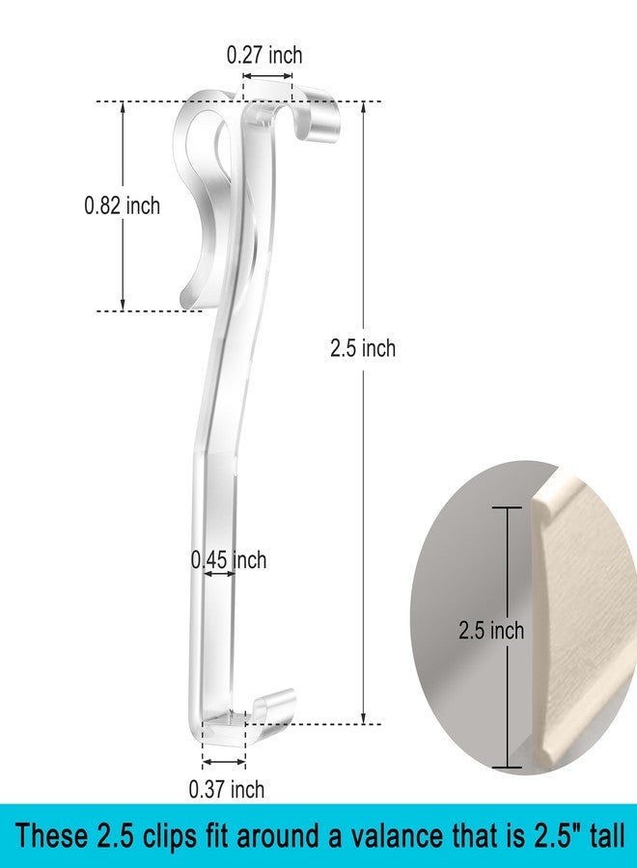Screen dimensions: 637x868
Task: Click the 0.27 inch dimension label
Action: tap(264, 55)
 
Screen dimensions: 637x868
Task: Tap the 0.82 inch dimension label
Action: tap(122, 206)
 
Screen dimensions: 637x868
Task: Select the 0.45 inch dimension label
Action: tap(229, 560)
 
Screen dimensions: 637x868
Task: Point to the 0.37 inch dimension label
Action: tap(227, 789)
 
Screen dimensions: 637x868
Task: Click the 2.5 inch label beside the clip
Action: tap(363, 348)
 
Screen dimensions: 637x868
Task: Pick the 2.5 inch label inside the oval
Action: tap(491, 631)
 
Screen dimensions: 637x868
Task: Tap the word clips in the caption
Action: tap(170, 837)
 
